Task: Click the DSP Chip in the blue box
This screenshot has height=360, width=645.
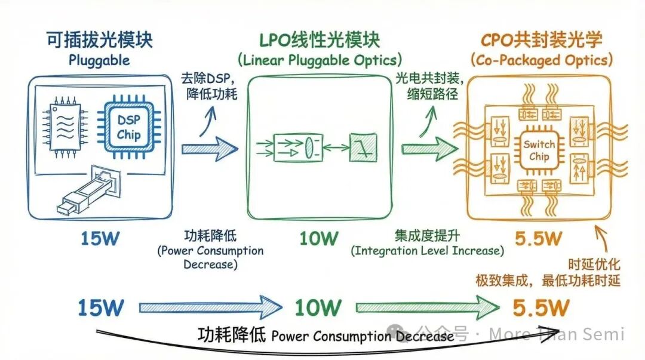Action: coord(128,127)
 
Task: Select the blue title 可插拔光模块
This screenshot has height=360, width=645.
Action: coord(99,40)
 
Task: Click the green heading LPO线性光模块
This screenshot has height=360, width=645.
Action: coord(320,40)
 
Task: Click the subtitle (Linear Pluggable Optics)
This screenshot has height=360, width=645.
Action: coord(320,60)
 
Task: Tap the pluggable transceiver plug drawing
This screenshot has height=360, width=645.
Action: coord(90,191)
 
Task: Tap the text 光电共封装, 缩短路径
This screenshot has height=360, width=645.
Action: coord(423,86)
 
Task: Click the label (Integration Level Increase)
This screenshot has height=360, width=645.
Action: coord(427,251)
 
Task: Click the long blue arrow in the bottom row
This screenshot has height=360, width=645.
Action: coord(210,308)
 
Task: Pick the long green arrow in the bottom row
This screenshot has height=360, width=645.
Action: coord(427,308)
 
